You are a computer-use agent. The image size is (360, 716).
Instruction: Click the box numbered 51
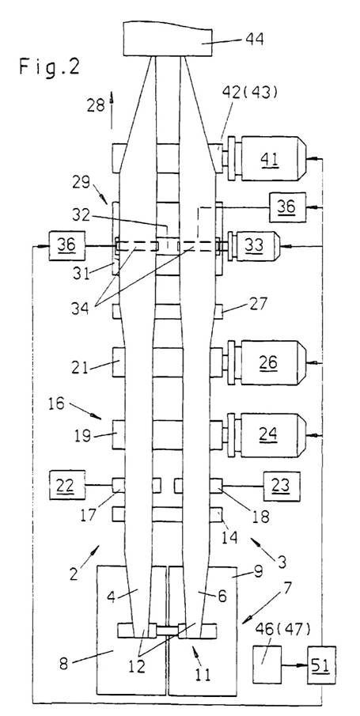click(321, 665)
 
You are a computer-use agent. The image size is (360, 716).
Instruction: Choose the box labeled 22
click(67, 484)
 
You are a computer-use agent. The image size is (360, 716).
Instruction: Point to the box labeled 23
click(282, 486)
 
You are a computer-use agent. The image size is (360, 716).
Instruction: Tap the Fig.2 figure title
click(49, 67)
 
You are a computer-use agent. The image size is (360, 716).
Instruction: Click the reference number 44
click(255, 40)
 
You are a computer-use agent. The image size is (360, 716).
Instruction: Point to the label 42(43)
click(249, 92)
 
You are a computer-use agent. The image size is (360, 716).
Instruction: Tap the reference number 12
click(136, 666)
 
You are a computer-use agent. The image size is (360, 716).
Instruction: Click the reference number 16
click(58, 403)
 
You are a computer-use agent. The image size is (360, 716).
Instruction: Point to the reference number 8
click(63, 663)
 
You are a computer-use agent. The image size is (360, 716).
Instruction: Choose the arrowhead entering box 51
click(303, 665)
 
